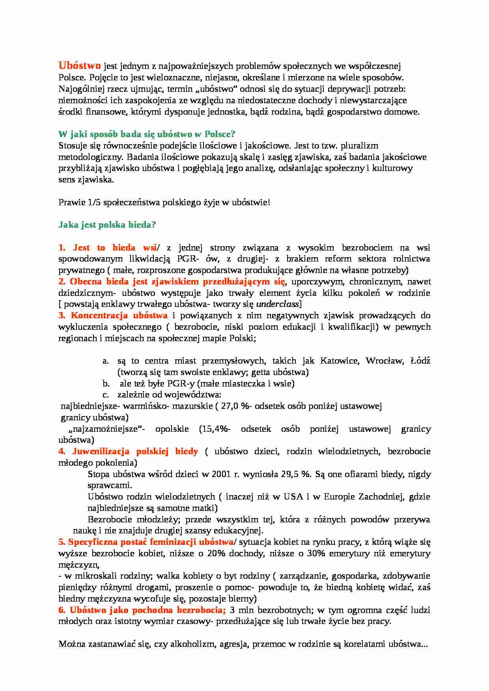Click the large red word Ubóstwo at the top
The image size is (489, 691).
(80, 66)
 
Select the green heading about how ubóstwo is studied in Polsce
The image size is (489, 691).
(147, 134)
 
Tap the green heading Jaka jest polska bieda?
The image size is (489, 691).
(107, 225)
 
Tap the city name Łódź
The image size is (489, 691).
(420, 360)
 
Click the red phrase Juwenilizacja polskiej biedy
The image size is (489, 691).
(134, 451)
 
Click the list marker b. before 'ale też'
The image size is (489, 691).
(106, 383)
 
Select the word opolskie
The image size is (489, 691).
(172, 429)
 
